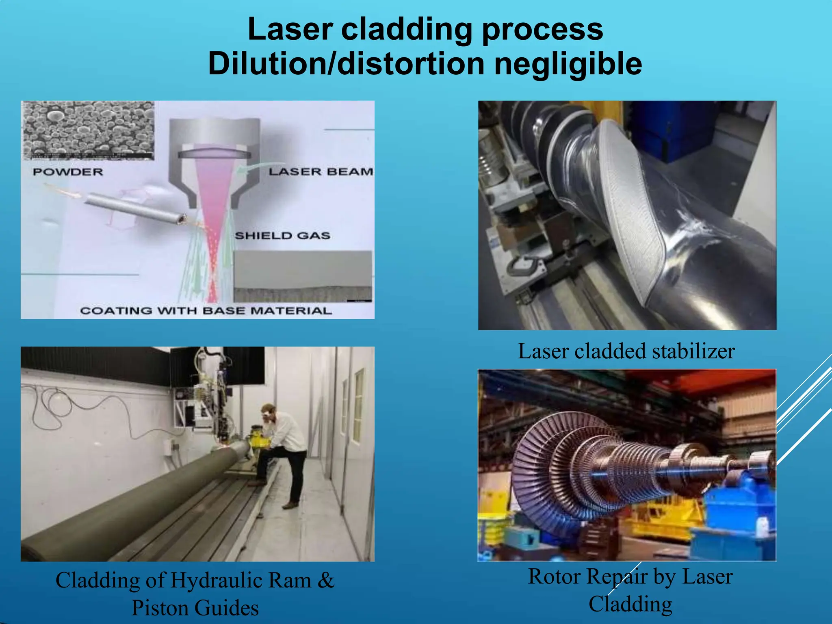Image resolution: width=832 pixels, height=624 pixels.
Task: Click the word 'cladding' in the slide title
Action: coord(407,29)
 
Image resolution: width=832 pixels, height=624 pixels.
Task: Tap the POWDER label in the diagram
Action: coord(68,172)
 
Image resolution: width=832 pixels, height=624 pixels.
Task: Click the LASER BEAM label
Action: coord(321,172)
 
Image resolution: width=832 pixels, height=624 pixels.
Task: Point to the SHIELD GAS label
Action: coord(282,236)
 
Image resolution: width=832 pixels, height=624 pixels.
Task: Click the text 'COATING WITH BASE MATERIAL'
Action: coord(206,311)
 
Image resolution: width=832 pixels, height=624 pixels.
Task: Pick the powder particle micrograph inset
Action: coord(88,130)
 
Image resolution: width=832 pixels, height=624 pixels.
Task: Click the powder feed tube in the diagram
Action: coord(134,208)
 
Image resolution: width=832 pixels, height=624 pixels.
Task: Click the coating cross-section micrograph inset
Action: coord(303,276)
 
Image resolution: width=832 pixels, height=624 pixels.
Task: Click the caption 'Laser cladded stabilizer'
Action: coord(626,351)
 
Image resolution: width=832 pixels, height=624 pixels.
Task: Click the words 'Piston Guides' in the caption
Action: coord(195,608)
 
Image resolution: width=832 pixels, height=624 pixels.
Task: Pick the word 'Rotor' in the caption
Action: coord(555,576)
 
